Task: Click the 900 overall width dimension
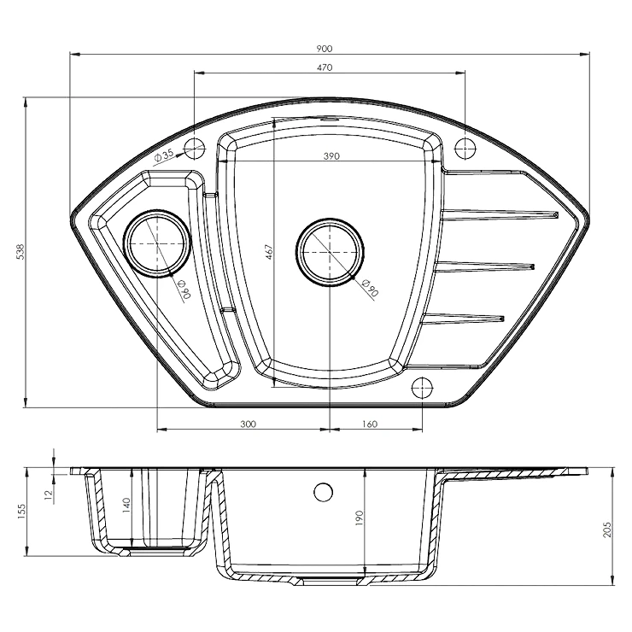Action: [324, 49]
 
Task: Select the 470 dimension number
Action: [324, 67]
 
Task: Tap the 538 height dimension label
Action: [20, 251]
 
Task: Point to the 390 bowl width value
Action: [331, 156]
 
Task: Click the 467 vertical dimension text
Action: [269, 251]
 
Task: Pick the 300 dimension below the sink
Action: [248, 424]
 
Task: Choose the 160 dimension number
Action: [369, 424]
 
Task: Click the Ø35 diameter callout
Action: [163, 155]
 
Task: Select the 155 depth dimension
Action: [21, 512]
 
